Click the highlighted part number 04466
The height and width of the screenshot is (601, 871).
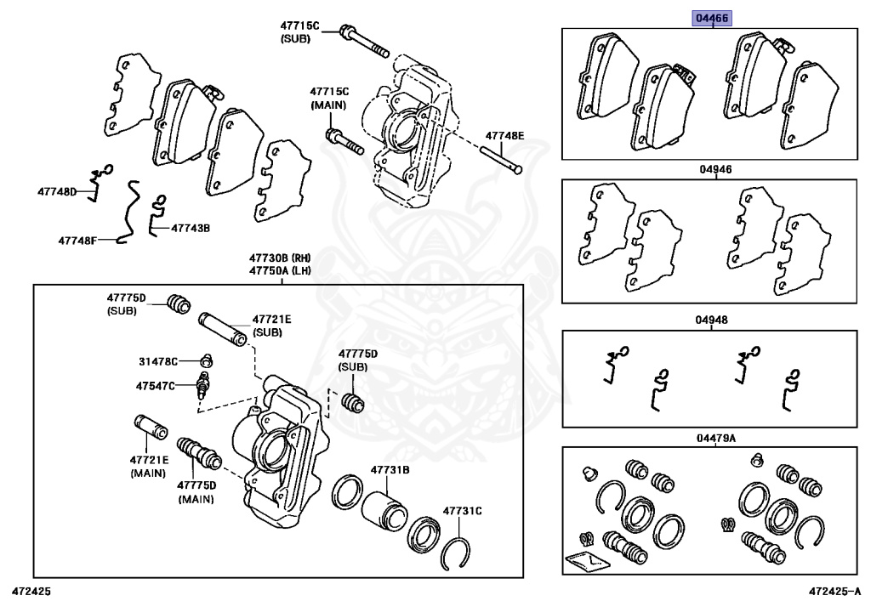click(712, 18)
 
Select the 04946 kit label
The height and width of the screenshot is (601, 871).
click(715, 169)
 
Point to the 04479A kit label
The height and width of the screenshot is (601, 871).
click(715, 438)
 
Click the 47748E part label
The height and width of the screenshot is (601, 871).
click(505, 136)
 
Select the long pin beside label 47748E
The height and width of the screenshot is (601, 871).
click(503, 160)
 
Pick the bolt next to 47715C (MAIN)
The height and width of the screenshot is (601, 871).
click(344, 141)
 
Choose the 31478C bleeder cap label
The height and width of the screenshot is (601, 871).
click(157, 361)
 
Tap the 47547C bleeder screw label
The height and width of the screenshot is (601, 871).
click(154, 385)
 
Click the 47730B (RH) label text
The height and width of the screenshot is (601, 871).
click(280, 258)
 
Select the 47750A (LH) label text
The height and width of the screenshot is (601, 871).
click(280, 270)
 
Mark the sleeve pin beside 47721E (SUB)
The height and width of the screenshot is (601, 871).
click(223, 329)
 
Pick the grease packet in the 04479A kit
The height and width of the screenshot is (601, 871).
click(583, 561)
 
